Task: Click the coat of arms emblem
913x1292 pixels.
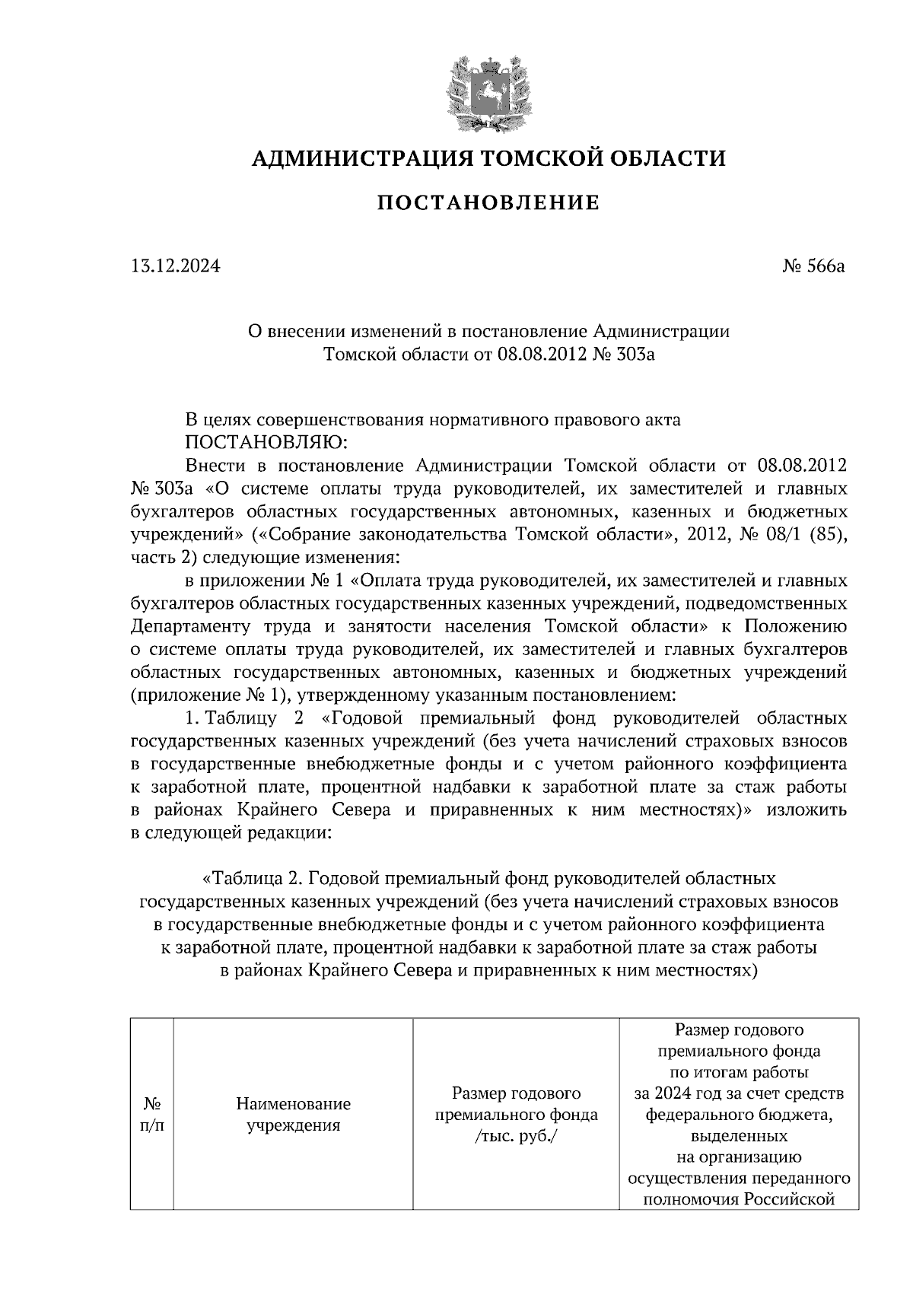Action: coord(488,92)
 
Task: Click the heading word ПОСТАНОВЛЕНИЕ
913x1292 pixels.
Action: coord(488,203)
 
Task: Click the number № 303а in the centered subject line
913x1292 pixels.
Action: coord(622,355)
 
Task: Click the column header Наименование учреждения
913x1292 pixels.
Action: coord(293,1115)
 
